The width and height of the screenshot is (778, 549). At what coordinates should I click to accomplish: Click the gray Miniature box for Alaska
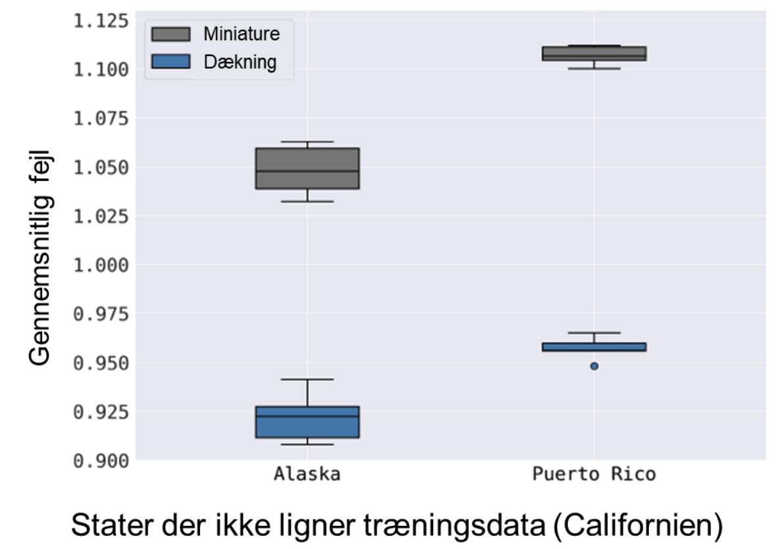tap(307, 169)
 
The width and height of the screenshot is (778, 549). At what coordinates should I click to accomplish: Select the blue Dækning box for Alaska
tap(307, 422)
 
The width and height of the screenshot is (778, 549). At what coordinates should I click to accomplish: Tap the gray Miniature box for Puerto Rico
tap(594, 53)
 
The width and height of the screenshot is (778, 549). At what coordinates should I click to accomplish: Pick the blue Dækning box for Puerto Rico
tap(594, 347)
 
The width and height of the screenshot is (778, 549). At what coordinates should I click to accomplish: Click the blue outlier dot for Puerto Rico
tap(594, 366)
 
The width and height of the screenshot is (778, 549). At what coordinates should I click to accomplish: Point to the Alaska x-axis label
tap(307, 474)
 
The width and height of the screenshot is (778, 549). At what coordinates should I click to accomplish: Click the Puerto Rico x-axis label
tap(594, 474)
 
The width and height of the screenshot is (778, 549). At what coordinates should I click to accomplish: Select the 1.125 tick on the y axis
tap(100, 21)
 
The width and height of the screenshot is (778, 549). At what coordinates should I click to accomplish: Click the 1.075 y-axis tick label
tap(100, 118)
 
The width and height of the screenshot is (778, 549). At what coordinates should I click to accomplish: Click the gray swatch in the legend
tap(170, 34)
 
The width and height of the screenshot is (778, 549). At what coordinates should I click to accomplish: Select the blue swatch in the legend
tap(170, 61)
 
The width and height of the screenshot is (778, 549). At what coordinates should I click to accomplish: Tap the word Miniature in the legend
tap(241, 34)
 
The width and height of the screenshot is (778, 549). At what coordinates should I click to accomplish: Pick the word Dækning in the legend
tap(240, 62)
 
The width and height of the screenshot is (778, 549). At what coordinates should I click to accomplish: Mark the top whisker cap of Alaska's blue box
tap(307, 379)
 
